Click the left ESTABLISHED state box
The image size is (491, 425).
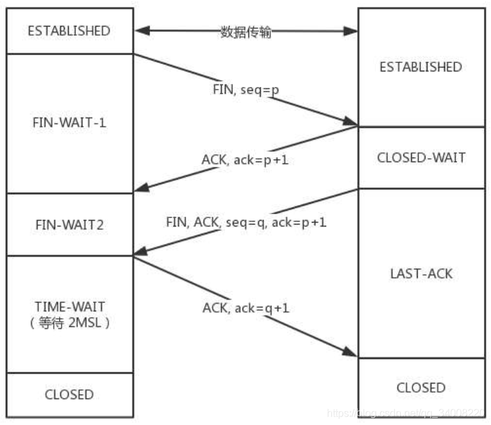(x=69, y=30)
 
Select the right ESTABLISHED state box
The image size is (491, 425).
(x=420, y=67)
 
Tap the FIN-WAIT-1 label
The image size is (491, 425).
(x=69, y=123)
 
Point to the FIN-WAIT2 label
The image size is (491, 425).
(x=69, y=225)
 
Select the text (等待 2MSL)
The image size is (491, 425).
(x=69, y=323)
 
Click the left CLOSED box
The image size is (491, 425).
(x=69, y=395)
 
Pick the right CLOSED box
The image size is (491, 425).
(x=420, y=387)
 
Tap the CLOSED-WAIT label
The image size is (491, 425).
(x=420, y=158)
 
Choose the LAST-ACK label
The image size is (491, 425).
(x=420, y=273)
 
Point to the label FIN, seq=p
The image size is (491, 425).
(x=246, y=90)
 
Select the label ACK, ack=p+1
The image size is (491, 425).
(x=245, y=159)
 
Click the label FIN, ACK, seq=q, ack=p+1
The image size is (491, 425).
(x=245, y=223)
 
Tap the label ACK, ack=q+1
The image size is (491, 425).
(x=245, y=308)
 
